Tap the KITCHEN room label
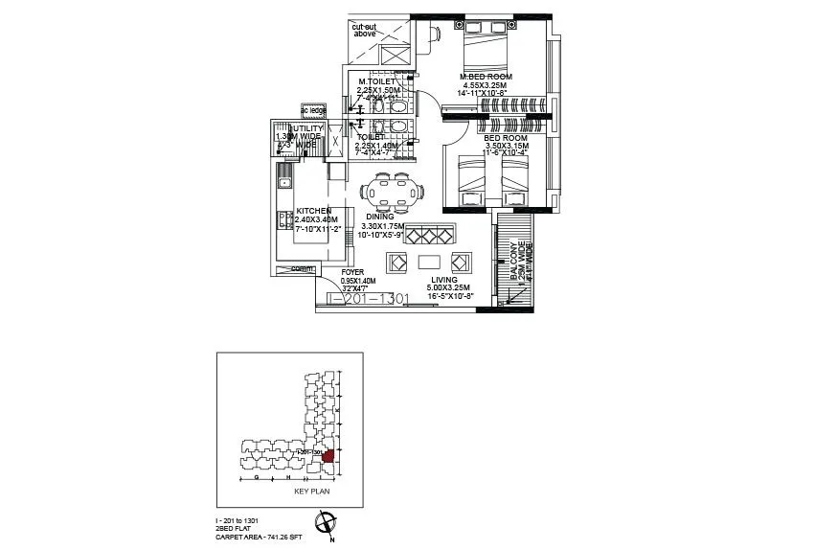[x=314, y=210]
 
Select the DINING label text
[x=380, y=217]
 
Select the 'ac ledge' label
[x=313, y=110]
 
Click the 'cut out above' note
[x=364, y=30]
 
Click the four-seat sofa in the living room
[x=430, y=234]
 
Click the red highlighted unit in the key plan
[x=328, y=456]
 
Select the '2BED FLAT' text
[x=234, y=526]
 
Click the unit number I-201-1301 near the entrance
[x=370, y=299]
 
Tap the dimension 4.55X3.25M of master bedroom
[x=485, y=85]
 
